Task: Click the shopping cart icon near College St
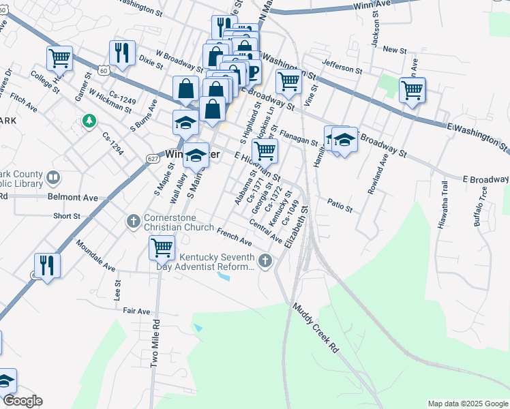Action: tap(60, 58)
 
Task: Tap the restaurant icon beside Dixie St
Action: tap(122, 52)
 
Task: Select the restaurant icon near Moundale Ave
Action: tap(46, 264)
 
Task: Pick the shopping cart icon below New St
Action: tap(412, 89)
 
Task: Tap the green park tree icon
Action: tap(88, 121)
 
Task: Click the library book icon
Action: tap(52, 179)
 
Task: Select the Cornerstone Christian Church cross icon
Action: tap(134, 221)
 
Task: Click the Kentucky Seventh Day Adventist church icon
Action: tap(265, 260)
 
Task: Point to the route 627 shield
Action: tap(153, 158)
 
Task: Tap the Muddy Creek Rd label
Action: tap(315, 327)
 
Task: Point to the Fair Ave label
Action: tap(136, 311)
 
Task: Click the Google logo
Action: tap(22, 401)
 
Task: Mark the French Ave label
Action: tap(234, 237)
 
